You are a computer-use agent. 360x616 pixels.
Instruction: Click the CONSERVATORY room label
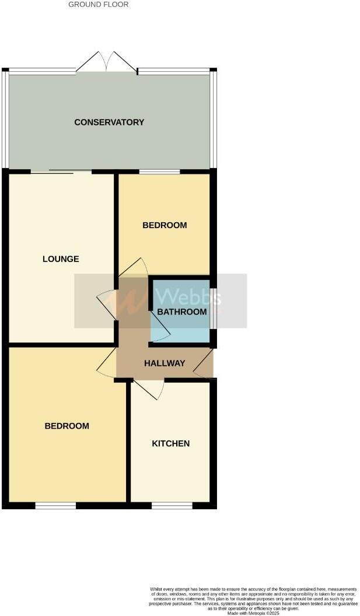109,123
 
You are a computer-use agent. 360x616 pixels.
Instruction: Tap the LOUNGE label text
61,259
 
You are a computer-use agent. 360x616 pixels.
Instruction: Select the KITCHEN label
170,444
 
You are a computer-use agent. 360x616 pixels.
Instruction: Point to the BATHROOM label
181,312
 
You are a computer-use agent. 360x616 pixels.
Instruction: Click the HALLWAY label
165,363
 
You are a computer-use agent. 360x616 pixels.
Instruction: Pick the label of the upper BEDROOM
165,225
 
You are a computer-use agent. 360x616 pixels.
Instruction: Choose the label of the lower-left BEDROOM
67,426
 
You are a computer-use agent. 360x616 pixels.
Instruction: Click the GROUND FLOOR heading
99,5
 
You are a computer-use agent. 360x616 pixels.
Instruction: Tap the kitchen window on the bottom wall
172,506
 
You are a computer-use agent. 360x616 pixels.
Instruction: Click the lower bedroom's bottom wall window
55,506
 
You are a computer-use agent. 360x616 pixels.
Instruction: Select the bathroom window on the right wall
213,307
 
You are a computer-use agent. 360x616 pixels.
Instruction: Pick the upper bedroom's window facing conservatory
159,171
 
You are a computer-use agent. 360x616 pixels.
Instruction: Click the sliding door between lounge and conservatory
61,171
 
